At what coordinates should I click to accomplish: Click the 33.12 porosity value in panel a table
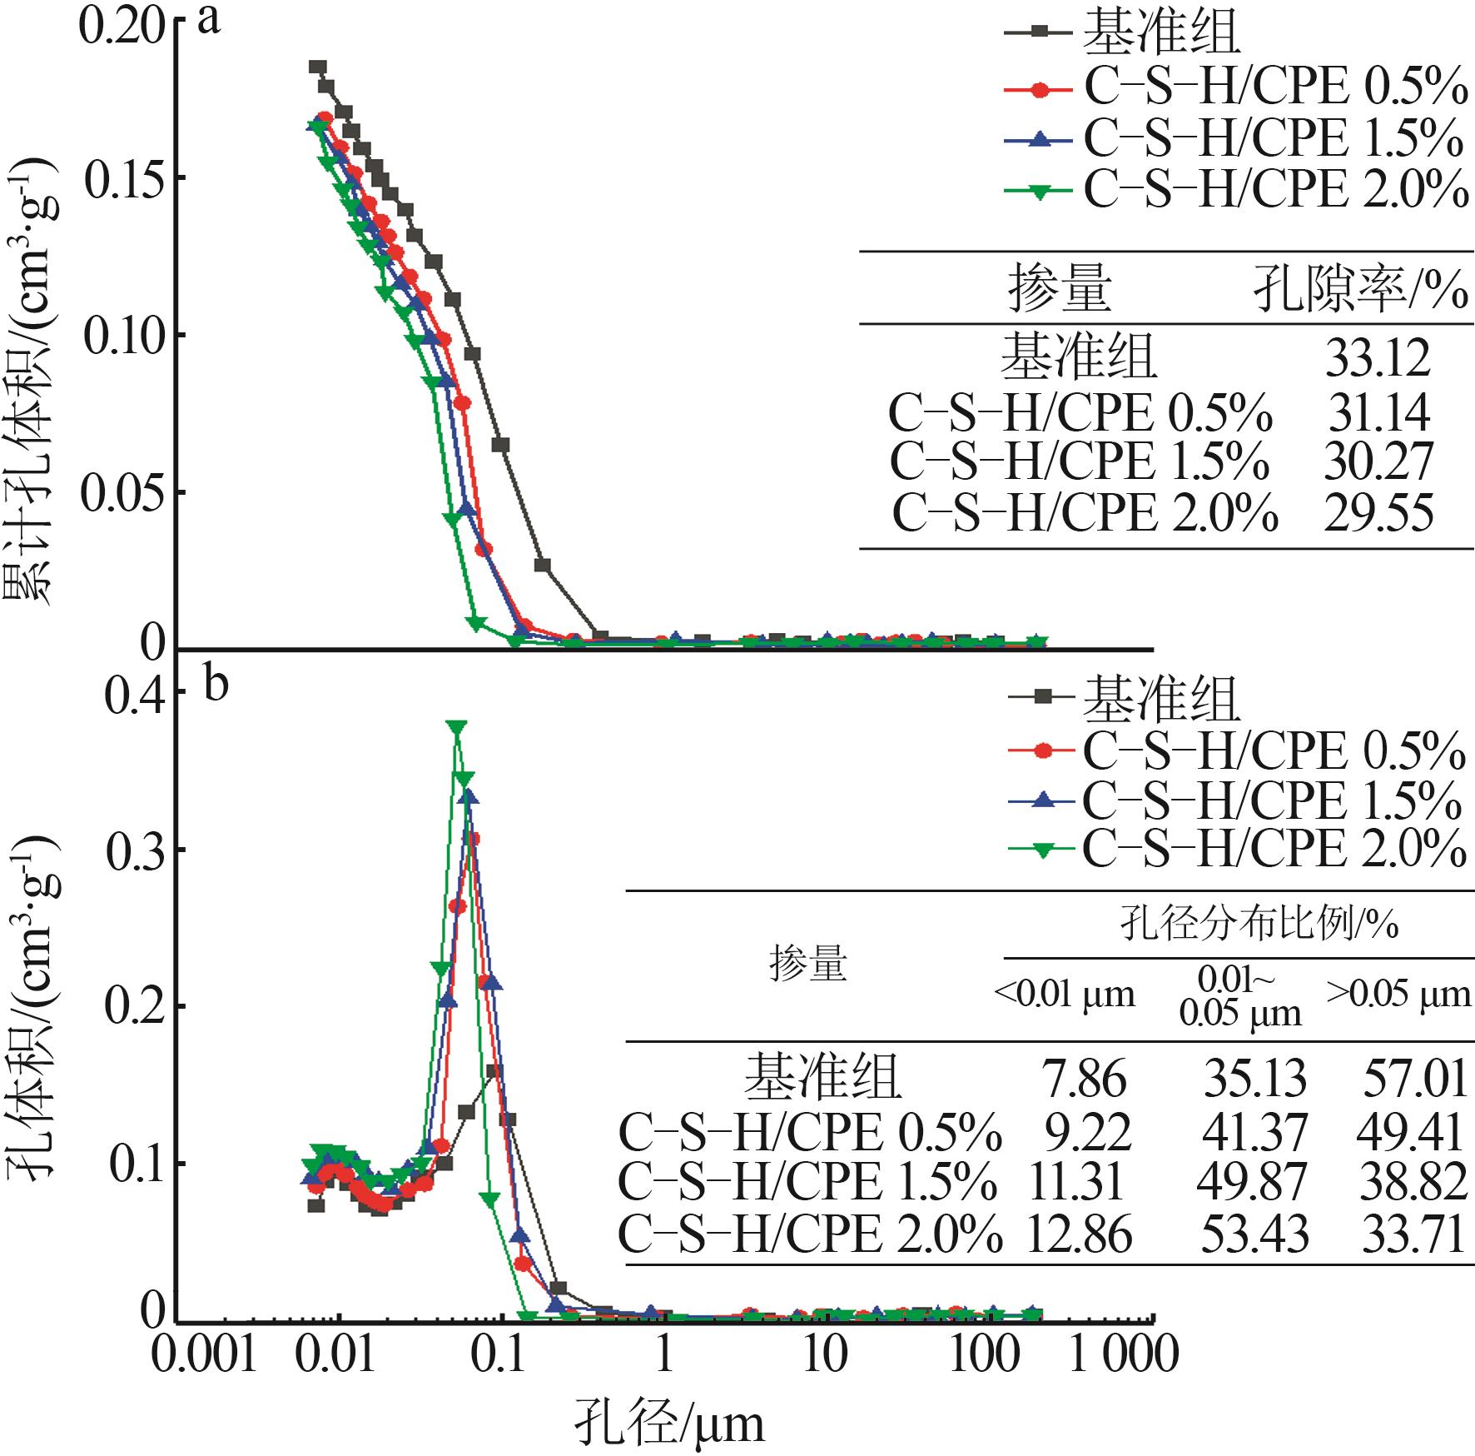pyautogui.click(x=1378, y=358)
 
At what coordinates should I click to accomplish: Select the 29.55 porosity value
pyautogui.click(x=1378, y=513)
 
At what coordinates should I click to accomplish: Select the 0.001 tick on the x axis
pyautogui.click(x=203, y=1355)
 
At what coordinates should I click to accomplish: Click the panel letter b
pyautogui.click(x=216, y=687)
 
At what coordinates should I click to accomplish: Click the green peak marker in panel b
pyautogui.click(x=455, y=727)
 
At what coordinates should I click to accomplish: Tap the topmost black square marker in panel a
pyautogui.click(x=318, y=67)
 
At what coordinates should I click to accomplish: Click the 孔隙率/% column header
pyautogui.click(x=1361, y=290)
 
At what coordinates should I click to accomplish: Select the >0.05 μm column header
pyautogui.click(x=1398, y=995)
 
